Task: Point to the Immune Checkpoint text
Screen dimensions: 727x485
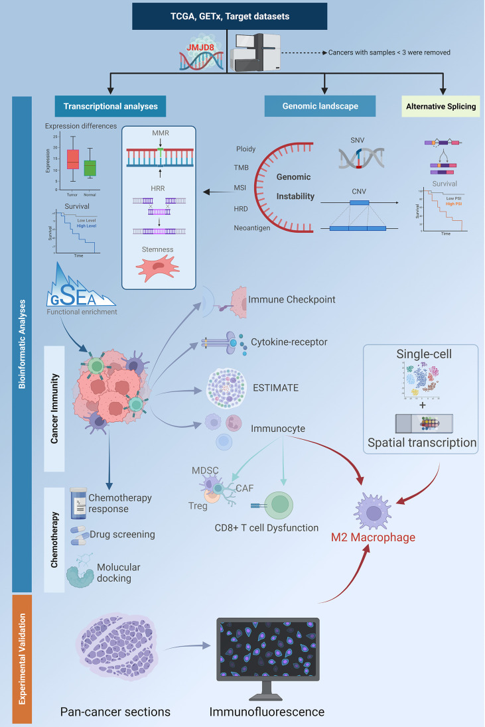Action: (x=291, y=300)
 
